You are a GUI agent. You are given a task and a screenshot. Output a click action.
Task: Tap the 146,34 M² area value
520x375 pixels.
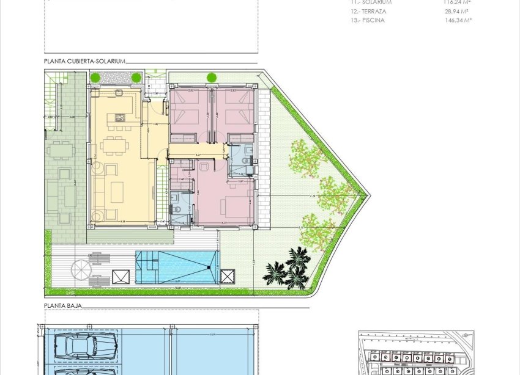tap(458, 20)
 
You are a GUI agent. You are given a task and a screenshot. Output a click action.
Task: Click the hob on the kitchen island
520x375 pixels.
tap(117, 117)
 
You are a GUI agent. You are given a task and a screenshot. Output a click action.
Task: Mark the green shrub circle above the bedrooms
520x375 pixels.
tap(212, 78)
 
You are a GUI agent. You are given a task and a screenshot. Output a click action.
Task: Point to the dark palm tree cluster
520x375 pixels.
tap(289, 269)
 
